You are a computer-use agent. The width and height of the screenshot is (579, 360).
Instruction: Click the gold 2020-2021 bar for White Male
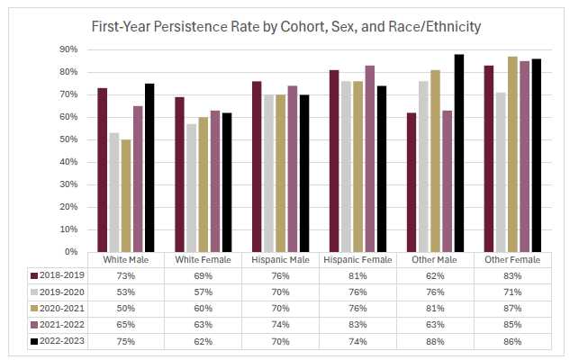pos(126,195)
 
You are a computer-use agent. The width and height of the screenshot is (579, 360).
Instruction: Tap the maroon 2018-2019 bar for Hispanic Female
pos(334,161)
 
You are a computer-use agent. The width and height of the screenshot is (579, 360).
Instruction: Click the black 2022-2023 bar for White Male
pos(149,167)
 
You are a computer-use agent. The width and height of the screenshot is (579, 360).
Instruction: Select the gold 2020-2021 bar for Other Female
pos(512,154)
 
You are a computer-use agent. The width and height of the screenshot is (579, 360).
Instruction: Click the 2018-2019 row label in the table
pos(59,275)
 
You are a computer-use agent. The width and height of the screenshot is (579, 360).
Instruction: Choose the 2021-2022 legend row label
pos(59,324)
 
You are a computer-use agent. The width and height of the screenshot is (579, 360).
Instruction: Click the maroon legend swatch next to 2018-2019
pos(33,275)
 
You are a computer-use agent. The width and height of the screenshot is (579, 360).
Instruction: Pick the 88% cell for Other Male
pos(438,341)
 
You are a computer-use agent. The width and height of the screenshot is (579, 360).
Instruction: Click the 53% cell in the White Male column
pos(125,292)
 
